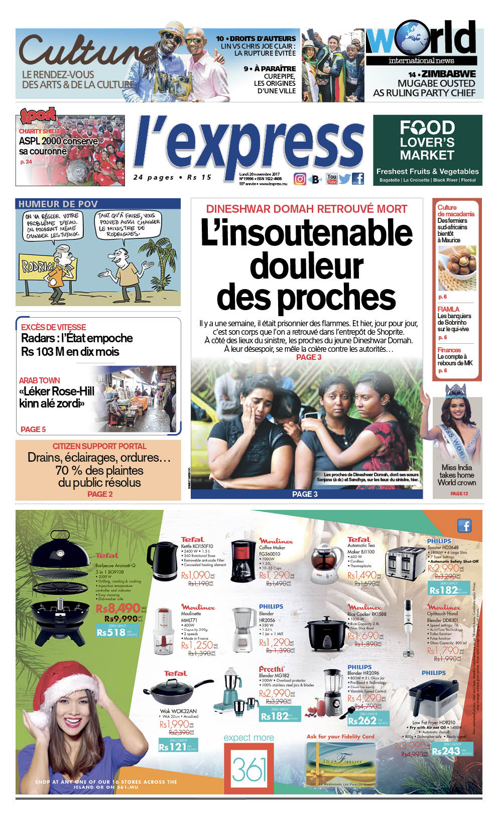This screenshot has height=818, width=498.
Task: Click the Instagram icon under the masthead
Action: click(300, 179)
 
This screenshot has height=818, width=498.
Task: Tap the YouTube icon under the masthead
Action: click(332, 179)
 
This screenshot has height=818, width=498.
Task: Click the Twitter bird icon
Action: click(344, 179)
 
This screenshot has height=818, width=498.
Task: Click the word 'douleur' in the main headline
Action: click(306, 265)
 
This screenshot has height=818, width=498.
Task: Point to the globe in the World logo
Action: click(407, 38)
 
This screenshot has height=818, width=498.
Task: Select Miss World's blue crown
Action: click(455, 389)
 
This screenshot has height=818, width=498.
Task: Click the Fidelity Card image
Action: click(341, 763)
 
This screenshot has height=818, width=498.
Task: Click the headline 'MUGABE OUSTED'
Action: click(436, 83)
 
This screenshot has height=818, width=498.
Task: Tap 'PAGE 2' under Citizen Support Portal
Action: click(100, 494)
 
